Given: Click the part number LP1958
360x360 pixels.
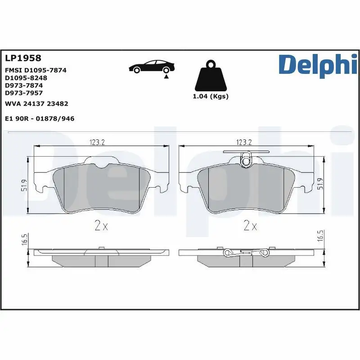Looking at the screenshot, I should (x=23, y=58).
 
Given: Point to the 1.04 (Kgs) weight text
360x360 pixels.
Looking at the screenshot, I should (x=211, y=96).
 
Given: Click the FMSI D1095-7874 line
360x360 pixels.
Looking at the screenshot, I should (x=36, y=71).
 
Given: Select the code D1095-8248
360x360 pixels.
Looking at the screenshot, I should (x=26, y=77).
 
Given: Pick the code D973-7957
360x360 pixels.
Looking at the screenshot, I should (x=23, y=93).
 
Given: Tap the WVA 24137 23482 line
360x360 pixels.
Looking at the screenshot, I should (x=36, y=103).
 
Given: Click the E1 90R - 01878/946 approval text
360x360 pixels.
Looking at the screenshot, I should (x=39, y=118).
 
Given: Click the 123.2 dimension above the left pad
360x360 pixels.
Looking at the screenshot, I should (x=97, y=142).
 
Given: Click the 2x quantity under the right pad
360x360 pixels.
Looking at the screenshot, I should (x=249, y=225).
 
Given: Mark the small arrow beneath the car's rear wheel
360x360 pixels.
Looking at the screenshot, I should (x=166, y=77).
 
